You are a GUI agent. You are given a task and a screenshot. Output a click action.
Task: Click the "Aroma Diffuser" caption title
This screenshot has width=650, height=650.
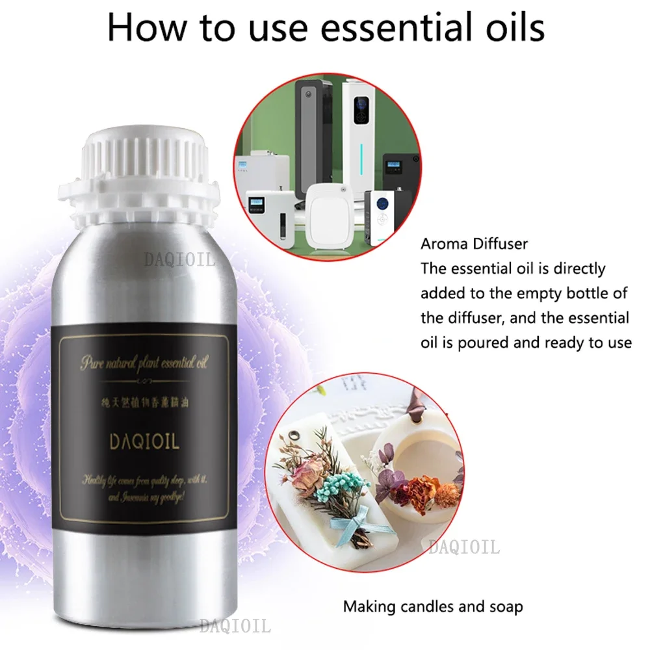click(474, 245)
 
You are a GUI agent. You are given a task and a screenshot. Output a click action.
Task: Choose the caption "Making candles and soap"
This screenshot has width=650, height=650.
click(433, 607)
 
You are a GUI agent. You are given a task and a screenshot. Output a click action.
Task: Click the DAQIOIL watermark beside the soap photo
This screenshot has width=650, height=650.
click(463, 547)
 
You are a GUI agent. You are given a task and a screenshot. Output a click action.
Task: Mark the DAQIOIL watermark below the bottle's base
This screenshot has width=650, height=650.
click(235, 627)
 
